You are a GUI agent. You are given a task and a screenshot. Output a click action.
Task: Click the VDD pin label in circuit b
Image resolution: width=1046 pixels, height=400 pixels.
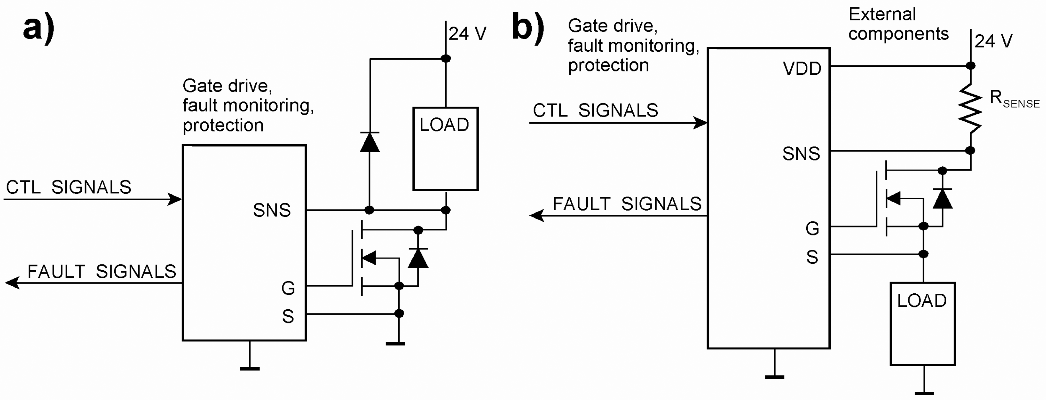[802, 69]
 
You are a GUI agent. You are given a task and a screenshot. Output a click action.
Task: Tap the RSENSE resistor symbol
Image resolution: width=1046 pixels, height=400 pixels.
[970, 108]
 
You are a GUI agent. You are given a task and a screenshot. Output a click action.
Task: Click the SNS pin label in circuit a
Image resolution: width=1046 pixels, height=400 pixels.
[272, 210]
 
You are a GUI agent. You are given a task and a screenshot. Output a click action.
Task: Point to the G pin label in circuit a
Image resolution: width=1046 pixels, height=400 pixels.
[288, 288]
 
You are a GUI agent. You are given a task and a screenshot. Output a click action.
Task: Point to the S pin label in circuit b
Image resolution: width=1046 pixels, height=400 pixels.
[812, 257]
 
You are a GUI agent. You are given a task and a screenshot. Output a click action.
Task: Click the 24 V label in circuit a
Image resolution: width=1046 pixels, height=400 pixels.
[467, 33]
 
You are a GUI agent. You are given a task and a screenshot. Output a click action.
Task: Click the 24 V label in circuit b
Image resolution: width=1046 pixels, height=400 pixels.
[993, 41]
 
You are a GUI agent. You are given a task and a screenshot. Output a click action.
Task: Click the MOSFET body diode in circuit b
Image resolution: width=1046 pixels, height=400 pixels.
[942, 199]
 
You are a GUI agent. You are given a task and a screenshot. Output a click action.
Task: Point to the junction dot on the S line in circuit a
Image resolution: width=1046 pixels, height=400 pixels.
[399, 313]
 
